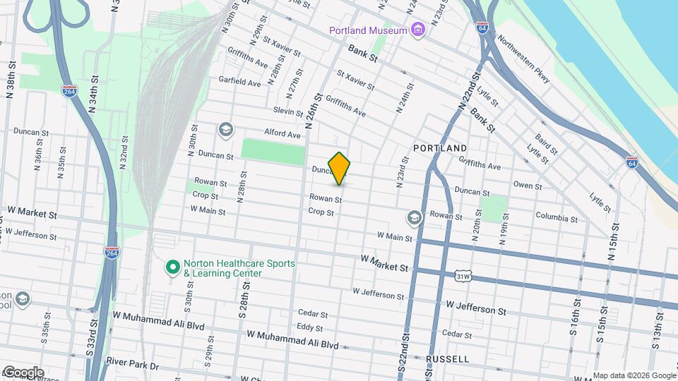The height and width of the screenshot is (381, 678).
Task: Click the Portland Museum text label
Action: coord(368,30)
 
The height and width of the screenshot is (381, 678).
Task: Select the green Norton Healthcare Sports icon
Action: coord(172,267)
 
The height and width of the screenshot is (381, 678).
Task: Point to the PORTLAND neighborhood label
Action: coord(440,148)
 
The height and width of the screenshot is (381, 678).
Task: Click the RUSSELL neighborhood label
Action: coord(448,359)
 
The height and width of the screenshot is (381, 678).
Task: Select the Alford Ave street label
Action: coord(282,133)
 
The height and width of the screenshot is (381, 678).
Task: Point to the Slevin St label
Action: coord(288,111)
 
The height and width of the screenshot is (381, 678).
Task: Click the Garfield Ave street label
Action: coord(239,83)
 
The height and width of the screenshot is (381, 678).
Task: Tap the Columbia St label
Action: coord(557,217)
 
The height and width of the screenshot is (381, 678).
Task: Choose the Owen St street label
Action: coord(528,186)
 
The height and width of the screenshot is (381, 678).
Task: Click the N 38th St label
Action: coord(12,79)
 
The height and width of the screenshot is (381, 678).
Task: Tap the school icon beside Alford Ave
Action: coord(225,129)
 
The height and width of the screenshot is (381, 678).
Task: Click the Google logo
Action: coord(23,372)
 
